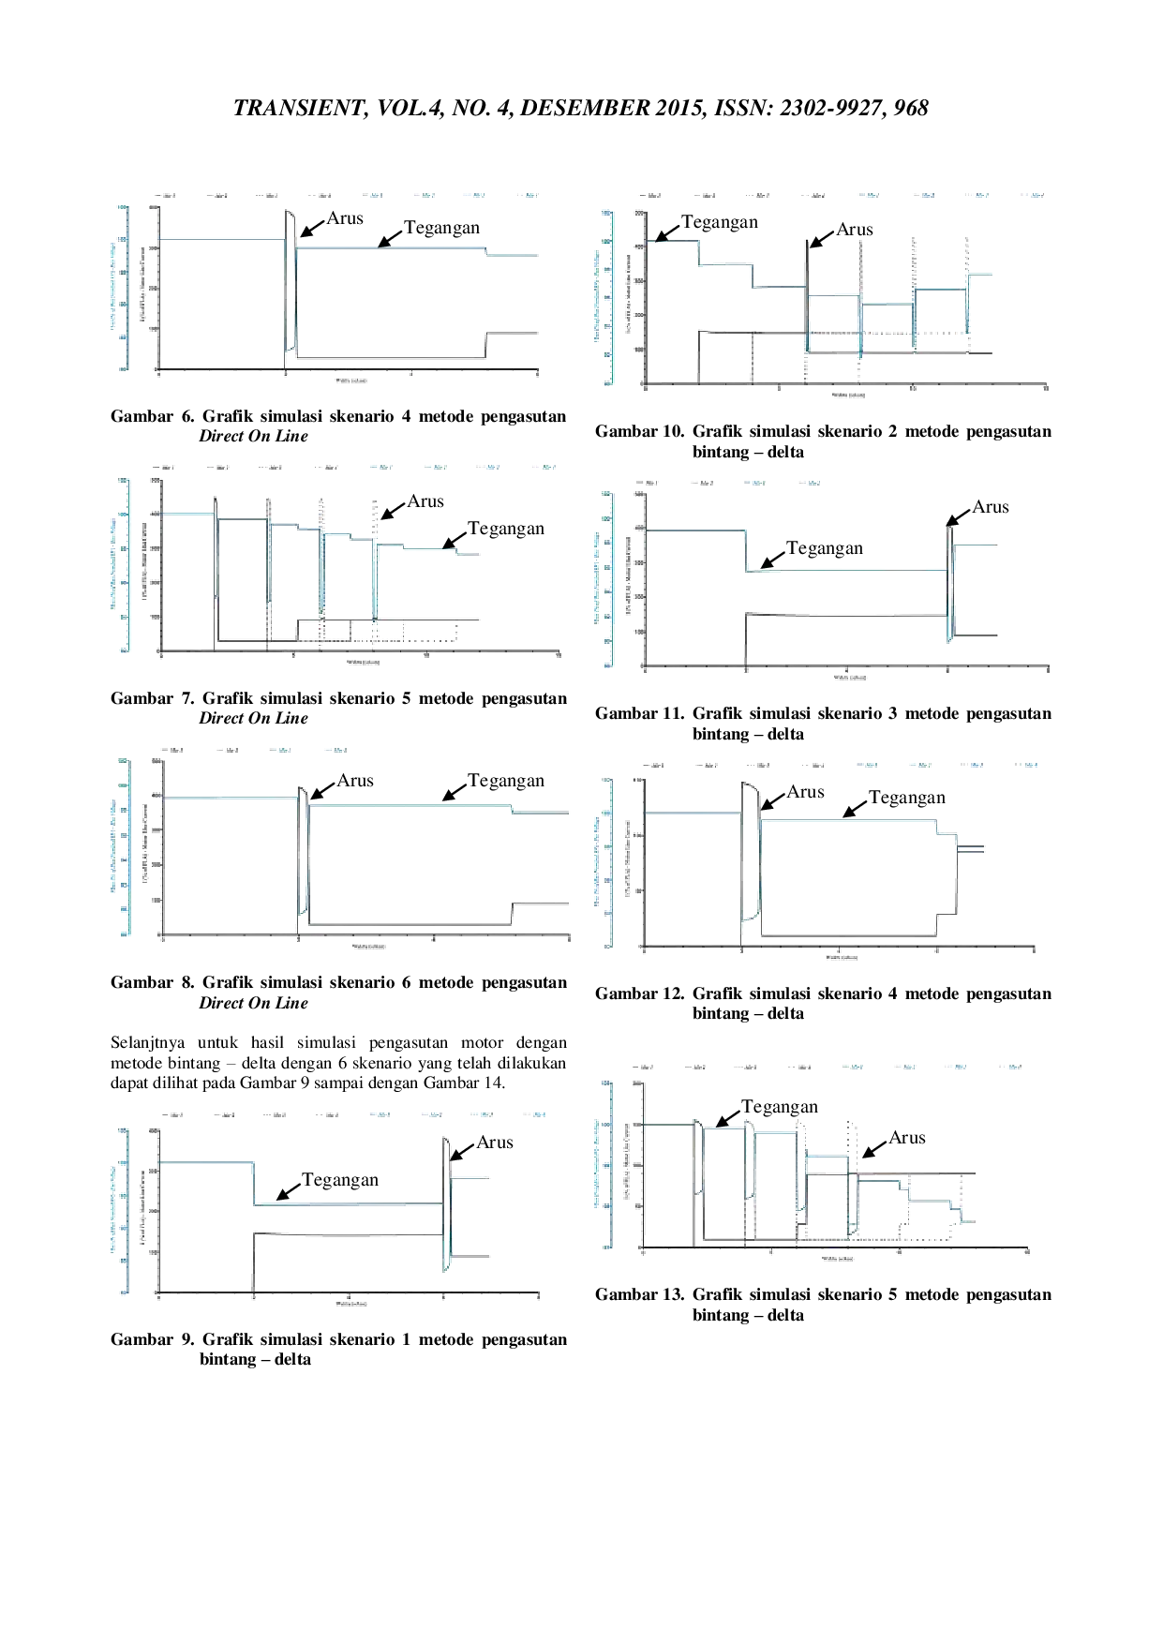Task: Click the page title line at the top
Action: click(x=581, y=108)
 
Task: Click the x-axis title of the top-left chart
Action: click(x=349, y=380)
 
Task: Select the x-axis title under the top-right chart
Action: click(x=849, y=397)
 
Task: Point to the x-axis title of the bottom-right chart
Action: click(x=836, y=1259)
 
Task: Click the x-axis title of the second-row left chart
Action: click(x=363, y=663)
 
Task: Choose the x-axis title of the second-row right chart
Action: click(x=849, y=677)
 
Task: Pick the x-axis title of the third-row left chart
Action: click(x=369, y=947)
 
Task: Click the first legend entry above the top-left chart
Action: click(x=167, y=195)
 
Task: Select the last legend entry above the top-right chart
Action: click(x=1034, y=195)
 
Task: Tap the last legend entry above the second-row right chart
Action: click(x=810, y=484)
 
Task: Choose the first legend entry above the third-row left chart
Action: click(x=173, y=750)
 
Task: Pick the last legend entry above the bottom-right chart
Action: click(x=1012, y=1068)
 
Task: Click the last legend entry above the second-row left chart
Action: click(x=544, y=467)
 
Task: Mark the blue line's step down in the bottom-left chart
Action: click(x=253, y=1184)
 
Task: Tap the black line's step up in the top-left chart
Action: click(x=485, y=343)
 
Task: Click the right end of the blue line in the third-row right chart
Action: click(x=986, y=848)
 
